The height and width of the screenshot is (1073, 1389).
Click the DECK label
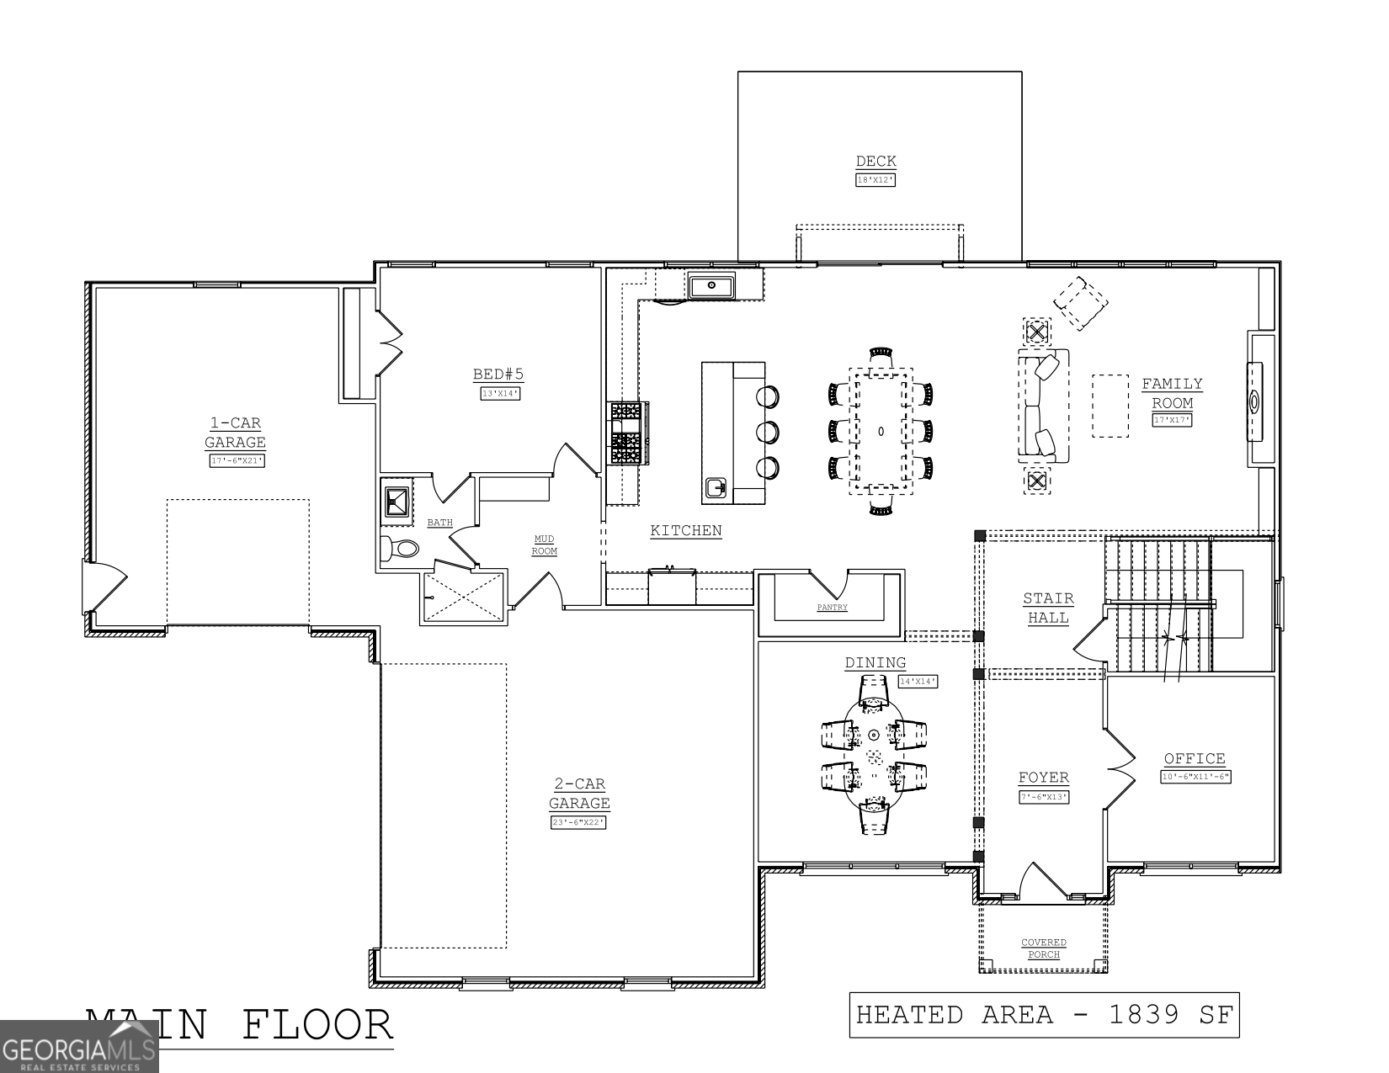pos(875,162)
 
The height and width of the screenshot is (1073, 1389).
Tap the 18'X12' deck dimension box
pos(875,180)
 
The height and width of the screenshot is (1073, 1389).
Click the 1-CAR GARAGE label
pos(235,433)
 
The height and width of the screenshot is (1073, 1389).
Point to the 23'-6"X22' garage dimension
pos(578,822)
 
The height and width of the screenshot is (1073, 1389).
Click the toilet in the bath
pos(399,549)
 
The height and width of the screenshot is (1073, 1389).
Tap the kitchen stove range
pos(628,433)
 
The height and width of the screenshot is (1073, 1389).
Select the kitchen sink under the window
pos(711,286)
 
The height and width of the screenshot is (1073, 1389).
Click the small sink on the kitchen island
pos(716,487)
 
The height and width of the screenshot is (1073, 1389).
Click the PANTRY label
pos(832,608)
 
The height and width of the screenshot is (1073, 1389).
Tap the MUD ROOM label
pos(545,545)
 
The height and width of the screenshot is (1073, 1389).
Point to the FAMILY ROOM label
pos(1172,393)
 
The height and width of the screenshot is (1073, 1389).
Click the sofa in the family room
pos(1043,406)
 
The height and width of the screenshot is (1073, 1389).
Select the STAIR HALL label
pos(1048,608)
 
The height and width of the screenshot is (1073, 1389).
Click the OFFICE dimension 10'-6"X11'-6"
pos(1195,777)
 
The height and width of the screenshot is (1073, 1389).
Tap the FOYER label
pos(1043,778)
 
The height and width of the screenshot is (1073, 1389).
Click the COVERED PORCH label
pos(1044,948)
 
